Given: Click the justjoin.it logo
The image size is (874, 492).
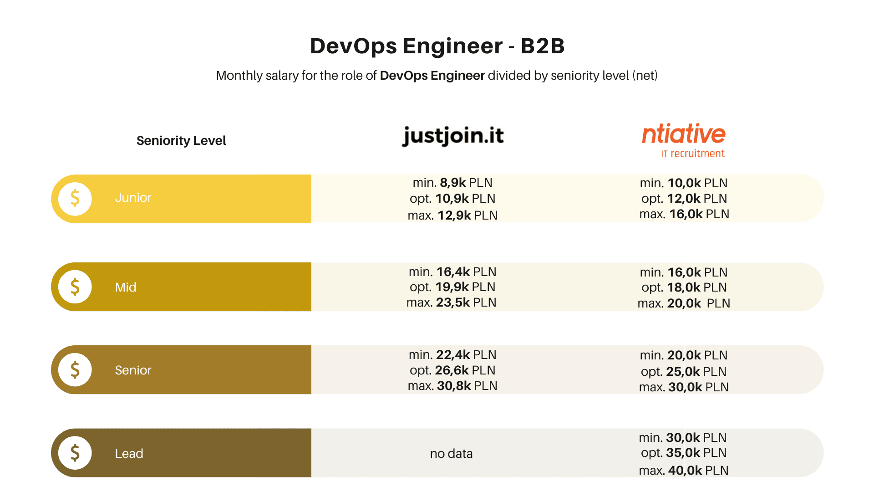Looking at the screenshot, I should pyautogui.click(x=453, y=136).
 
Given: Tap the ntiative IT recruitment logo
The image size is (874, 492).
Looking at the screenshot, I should pyautogui.click(x=683, y=140).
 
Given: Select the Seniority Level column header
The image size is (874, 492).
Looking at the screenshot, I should pyautogui.click(x=181, y=140).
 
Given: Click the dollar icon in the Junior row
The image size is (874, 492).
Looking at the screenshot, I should pyautogui.click(x=75, y=199).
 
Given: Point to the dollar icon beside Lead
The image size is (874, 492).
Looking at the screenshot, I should pyautogui.click(x=75, y=453).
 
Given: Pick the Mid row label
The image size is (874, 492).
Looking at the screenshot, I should pyautogui.click(x=126, y=287).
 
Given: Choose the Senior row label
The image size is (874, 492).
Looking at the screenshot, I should pyautogui.click(x=133, y=370).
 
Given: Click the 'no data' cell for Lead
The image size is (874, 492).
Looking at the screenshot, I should pyautogui.click(x=451, y=453).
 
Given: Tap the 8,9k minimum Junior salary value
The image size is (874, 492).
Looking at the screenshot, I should pyautogui.click(x=452, y=183).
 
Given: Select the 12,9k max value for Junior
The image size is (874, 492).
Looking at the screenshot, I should pyautogui.click(x=454, y=215).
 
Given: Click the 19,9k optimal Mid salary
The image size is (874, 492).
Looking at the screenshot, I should pyautogui.click(x=452, y=287).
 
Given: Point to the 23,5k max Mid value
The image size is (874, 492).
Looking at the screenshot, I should pyautogui.click(x=453, y=302).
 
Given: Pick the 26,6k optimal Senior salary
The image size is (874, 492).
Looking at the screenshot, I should pyautogui.click(x=452, y=370).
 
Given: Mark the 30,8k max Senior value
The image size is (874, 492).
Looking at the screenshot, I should pyautogui.click(x=454, y=386).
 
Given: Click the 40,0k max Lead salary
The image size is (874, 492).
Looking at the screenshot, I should pyautogui.click(x=685, y=470).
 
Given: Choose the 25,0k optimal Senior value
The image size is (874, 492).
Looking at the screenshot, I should pyautogui.click(x=683, y=371).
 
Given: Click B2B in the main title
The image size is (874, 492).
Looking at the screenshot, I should pyautogui.click(x=543, y=46).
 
